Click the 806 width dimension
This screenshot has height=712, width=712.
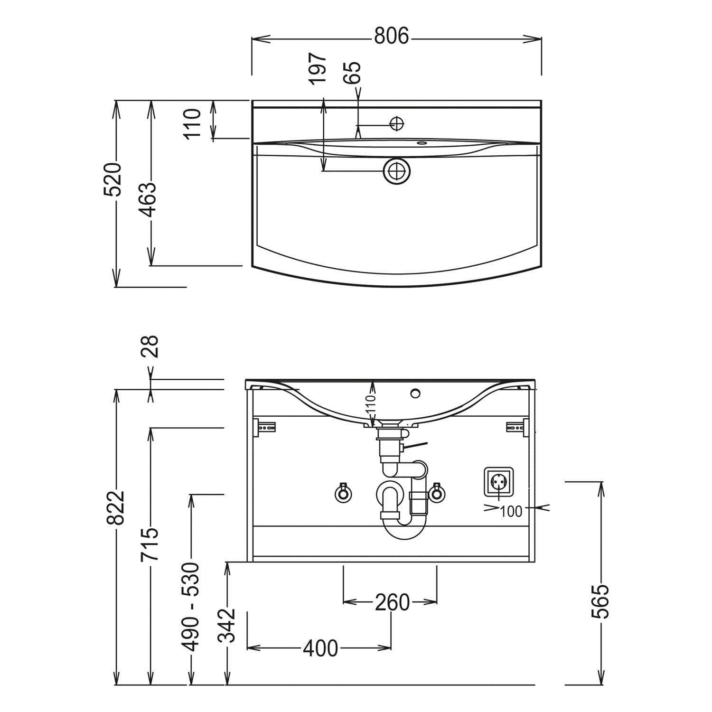coord(391,36)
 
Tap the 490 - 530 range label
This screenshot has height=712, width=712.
coord(191,607)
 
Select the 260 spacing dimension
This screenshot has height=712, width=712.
coord(392,602)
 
